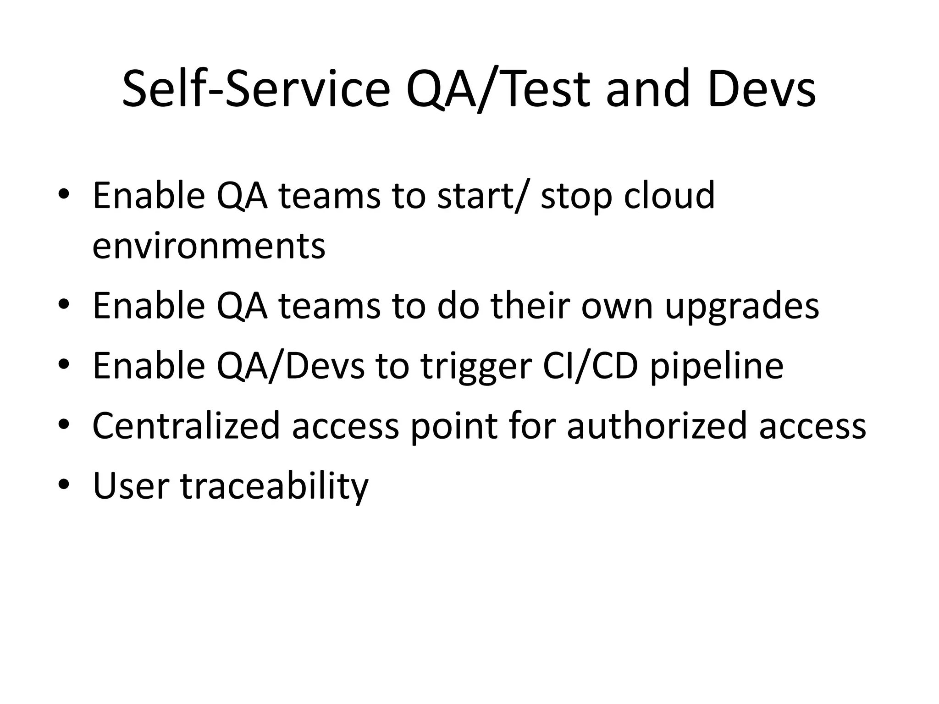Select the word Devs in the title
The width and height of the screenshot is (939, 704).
coord(761,89)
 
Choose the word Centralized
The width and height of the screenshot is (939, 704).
coord(186,426)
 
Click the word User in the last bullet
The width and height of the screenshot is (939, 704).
coord(130,486)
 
